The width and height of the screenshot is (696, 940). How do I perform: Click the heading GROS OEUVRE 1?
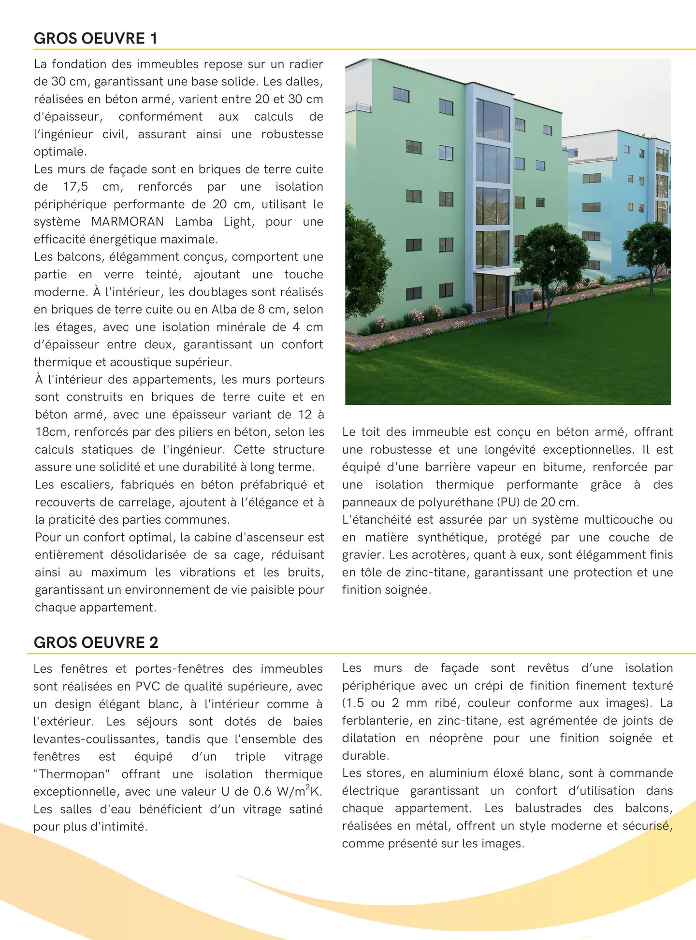96,39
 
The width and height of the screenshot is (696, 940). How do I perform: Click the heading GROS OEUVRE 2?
96,642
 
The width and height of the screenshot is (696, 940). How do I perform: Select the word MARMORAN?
128,222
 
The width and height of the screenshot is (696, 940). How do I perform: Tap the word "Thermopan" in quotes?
72,774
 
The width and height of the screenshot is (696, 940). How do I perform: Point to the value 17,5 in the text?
75,187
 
